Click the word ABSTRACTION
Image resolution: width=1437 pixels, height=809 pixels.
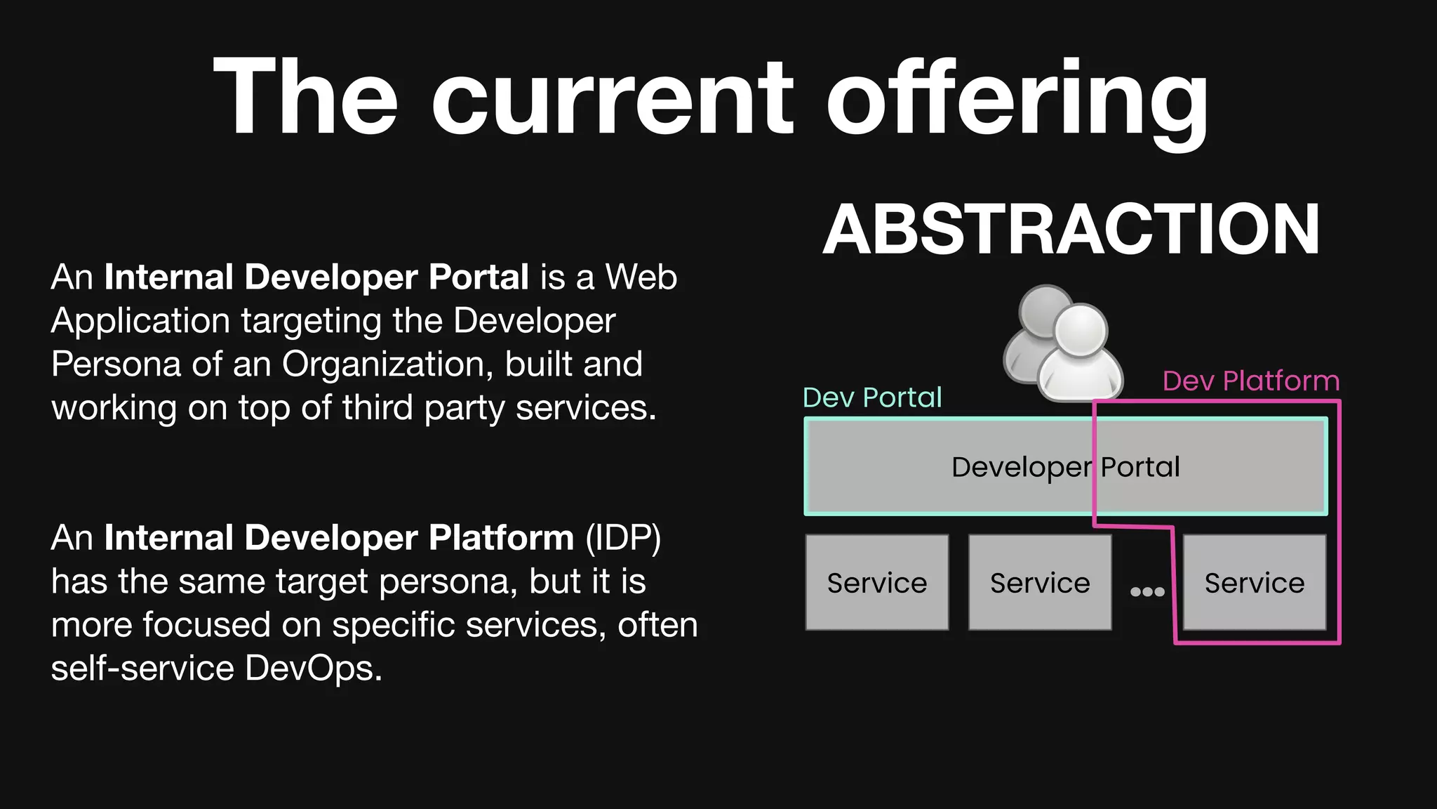tap(1071, 230)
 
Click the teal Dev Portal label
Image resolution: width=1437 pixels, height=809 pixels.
tap(871, 397)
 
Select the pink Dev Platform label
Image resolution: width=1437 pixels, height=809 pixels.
tap(1250, 381)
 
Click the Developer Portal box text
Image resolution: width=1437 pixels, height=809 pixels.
tap(1065, 467)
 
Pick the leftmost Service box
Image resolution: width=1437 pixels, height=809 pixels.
tap(876, 583)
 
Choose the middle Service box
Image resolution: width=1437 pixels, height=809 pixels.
tap(1040, 583)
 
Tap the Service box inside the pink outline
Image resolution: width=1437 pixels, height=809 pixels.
tap(1254, 583)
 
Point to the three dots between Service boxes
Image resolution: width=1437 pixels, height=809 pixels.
tap(1147, 592)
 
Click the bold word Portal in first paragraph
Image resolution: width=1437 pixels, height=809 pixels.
tap(479, 277)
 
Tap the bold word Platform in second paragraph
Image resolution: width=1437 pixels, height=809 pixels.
tap(501, 538)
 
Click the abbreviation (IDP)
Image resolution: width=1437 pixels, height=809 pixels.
tap(623, 538)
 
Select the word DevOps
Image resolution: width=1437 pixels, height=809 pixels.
tap(313, 668)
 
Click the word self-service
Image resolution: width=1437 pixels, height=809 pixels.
tap(142, 668)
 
